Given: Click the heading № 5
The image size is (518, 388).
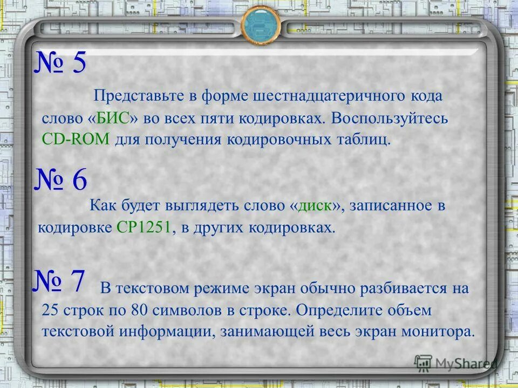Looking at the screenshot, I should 60,64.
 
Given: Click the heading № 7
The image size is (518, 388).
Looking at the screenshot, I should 59,281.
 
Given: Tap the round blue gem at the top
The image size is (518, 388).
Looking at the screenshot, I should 261,24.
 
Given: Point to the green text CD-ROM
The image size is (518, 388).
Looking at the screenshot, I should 76,140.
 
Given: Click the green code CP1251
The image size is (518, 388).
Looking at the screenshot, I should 143,227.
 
